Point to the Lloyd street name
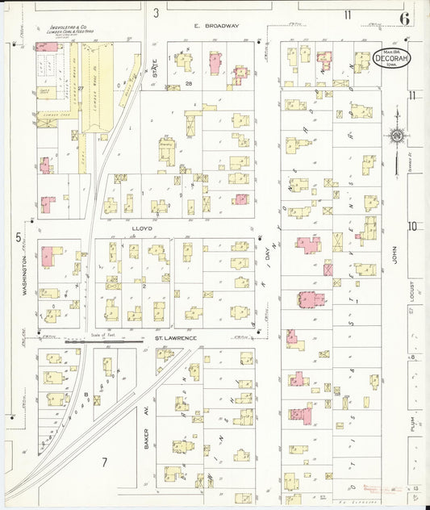(142, 229)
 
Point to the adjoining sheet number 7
(103, 462)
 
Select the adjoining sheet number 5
(17, 236)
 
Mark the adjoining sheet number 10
(411, 226)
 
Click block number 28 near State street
(187, 83)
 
